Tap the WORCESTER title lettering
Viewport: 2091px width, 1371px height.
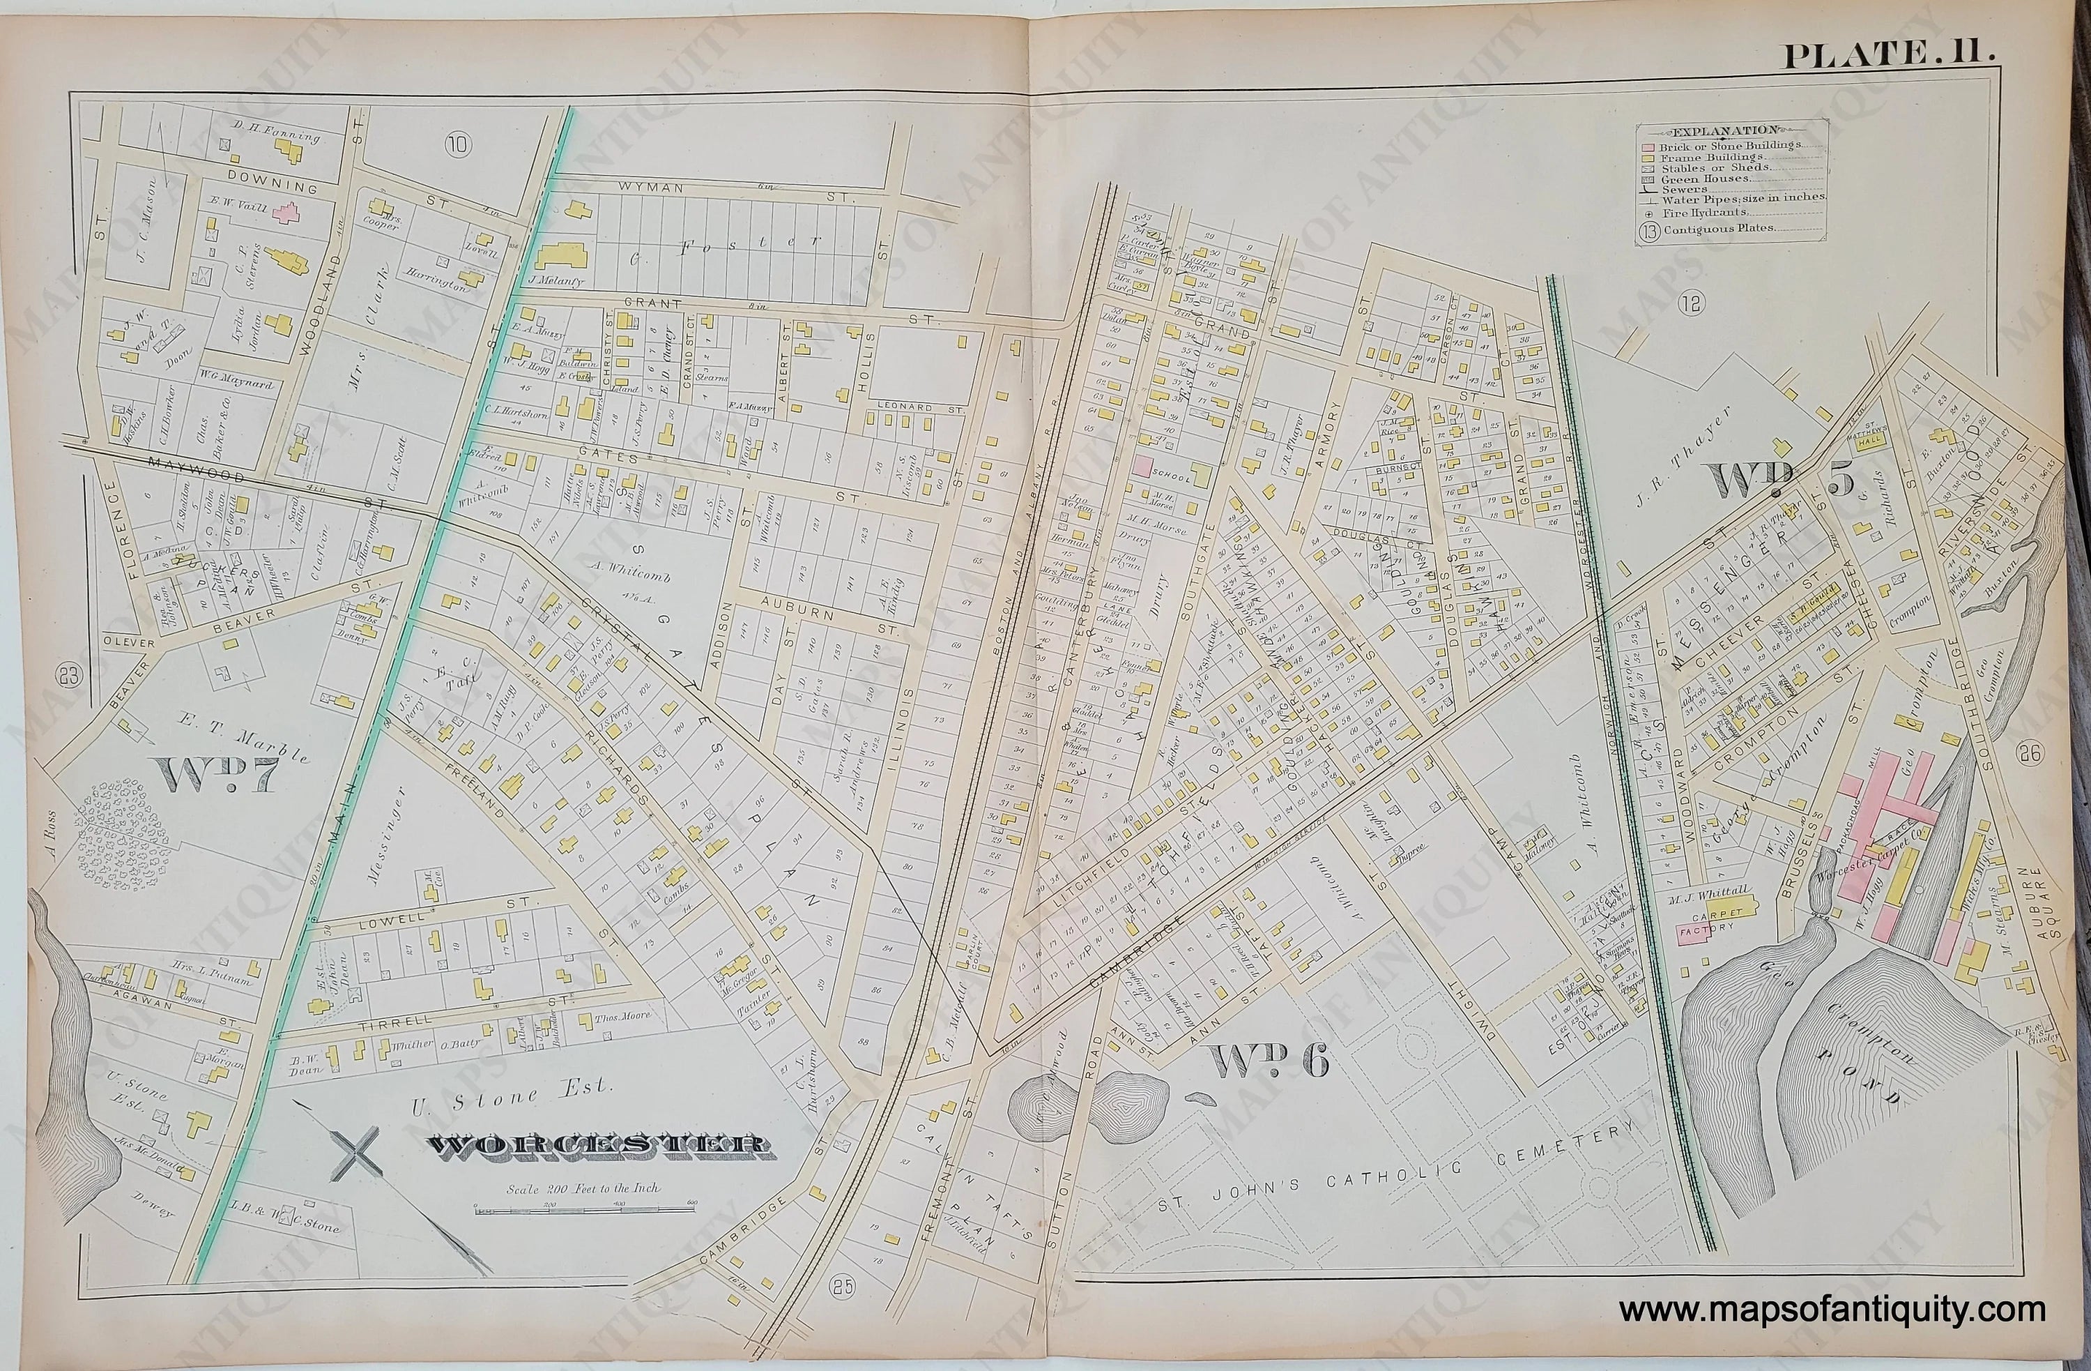tap(597, 1147)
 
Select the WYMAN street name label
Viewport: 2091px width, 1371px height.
tap(645, 187)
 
